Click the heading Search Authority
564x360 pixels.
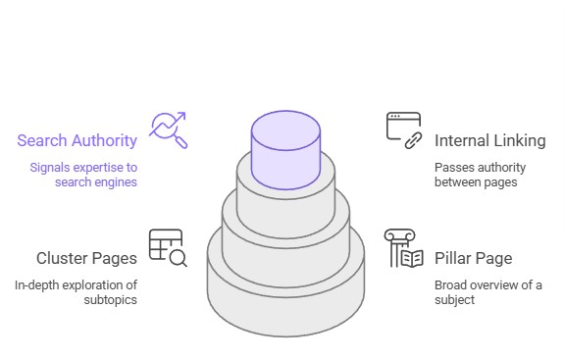77,140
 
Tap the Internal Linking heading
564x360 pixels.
489,140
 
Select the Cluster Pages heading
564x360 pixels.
85,259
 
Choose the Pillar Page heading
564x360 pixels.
473,259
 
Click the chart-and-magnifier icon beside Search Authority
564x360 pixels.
167,129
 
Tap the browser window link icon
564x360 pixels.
403,129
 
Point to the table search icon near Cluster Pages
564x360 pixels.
167,247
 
